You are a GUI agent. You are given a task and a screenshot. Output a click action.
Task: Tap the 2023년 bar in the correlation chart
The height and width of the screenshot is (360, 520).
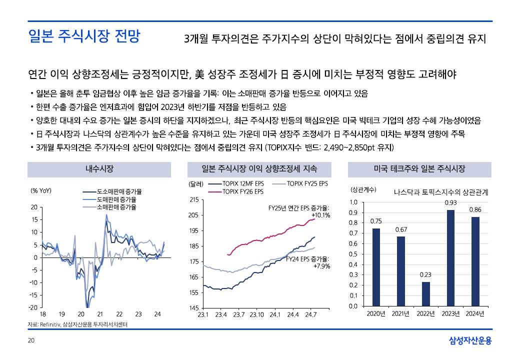(x=450, y=258)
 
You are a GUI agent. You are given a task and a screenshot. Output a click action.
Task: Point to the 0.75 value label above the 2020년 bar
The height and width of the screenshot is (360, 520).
(x=376, y=221)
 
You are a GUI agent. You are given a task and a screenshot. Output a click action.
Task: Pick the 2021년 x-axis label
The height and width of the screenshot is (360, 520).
(x=401, y=313)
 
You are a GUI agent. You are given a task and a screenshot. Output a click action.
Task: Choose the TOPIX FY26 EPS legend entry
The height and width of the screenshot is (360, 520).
(x=242, y=191)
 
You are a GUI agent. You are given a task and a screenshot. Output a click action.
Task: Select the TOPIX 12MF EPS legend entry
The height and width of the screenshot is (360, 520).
(x=242, y=184)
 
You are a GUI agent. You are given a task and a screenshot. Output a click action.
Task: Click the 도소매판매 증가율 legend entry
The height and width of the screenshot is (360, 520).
(x=119, y=191)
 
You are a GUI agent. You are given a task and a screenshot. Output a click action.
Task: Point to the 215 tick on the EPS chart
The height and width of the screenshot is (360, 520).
(x=193, y=200)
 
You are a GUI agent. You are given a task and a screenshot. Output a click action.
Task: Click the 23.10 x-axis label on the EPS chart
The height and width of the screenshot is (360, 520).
(x=256, y=314)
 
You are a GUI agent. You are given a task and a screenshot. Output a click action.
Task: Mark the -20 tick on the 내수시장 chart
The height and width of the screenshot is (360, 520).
(x=32, y=307)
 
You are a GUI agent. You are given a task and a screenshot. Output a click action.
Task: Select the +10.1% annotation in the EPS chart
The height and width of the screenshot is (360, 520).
(x=320, y=215)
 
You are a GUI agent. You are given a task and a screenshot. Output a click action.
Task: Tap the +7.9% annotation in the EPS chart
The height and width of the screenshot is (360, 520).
(x=321, y=266)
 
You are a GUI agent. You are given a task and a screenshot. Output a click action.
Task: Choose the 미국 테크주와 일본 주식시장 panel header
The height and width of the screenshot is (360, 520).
(x=419, y=169)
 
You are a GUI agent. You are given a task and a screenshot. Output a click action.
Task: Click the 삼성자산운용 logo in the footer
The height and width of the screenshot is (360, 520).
(x=470, y=341)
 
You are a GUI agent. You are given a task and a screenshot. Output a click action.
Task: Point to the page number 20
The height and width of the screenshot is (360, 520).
(x=30, y=341)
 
